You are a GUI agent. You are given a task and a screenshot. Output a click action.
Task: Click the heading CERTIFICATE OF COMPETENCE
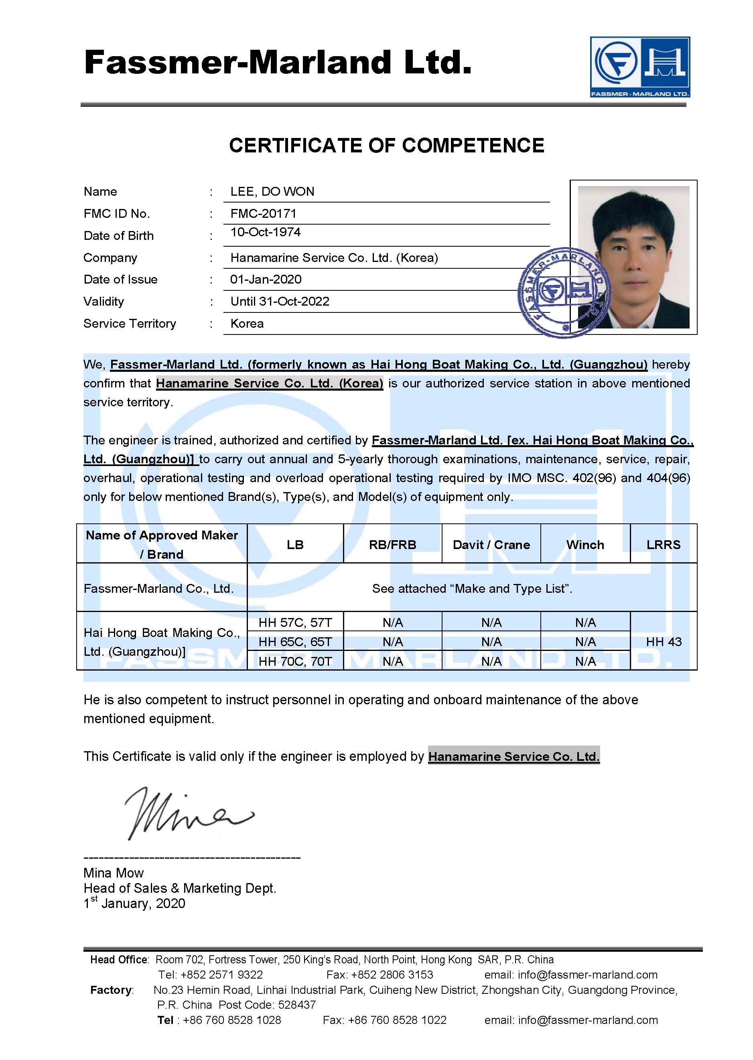[x=386, y=146]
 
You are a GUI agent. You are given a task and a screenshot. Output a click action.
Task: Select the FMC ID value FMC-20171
[x=263, y=214]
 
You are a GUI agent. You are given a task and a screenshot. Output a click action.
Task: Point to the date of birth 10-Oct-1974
[x=265, y=232]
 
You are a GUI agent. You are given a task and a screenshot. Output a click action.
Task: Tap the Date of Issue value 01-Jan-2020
[x=266, y=280]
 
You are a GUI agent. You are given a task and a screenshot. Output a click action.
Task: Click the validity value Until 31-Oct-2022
[x=280, y=302]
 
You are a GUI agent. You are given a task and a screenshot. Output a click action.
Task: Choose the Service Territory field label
[x=130, y=324]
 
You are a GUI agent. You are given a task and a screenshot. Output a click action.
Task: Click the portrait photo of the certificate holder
[x=633, y=257]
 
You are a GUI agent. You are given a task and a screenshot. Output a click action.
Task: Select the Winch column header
[x=585, y=545]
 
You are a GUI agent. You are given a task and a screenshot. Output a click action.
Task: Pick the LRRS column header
[x=663, y=545]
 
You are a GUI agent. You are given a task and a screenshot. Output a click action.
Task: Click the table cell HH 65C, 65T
[x=295, y=642]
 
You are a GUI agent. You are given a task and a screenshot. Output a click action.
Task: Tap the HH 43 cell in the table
[x=664, y=642]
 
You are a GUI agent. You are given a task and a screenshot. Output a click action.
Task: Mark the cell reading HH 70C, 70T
[x=295, y=661]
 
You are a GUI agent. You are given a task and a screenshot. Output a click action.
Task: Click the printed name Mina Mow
[x=114, y=873]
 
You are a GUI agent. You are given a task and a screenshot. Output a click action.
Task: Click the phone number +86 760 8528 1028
[x=232, y=1020]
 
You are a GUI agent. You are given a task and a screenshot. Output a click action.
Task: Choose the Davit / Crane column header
[x=491, y=545]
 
